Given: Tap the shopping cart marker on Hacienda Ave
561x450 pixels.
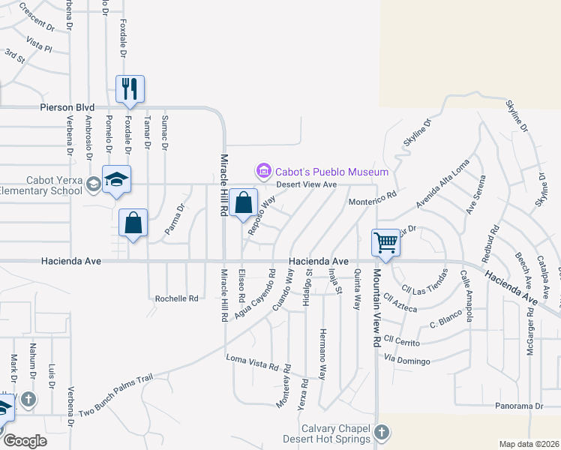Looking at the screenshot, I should coord(385,243).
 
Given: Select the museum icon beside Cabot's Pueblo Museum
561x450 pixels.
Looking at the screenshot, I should coord(262,172).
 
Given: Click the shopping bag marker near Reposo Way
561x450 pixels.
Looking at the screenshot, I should coord(244,202).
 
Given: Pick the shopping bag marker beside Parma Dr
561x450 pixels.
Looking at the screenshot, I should coord(133,222).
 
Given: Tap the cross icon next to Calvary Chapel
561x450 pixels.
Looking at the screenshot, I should coord(382,433).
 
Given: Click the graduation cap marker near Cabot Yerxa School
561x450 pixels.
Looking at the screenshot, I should coord(116,179).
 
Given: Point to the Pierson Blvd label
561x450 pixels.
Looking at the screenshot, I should coord(71,107).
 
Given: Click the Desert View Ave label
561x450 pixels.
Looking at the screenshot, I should coord(307,184).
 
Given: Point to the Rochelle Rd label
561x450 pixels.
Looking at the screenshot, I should coord(176,298).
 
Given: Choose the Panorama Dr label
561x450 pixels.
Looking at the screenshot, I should coord(518,406).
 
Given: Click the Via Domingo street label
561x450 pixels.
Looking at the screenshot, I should coord(407,361).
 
